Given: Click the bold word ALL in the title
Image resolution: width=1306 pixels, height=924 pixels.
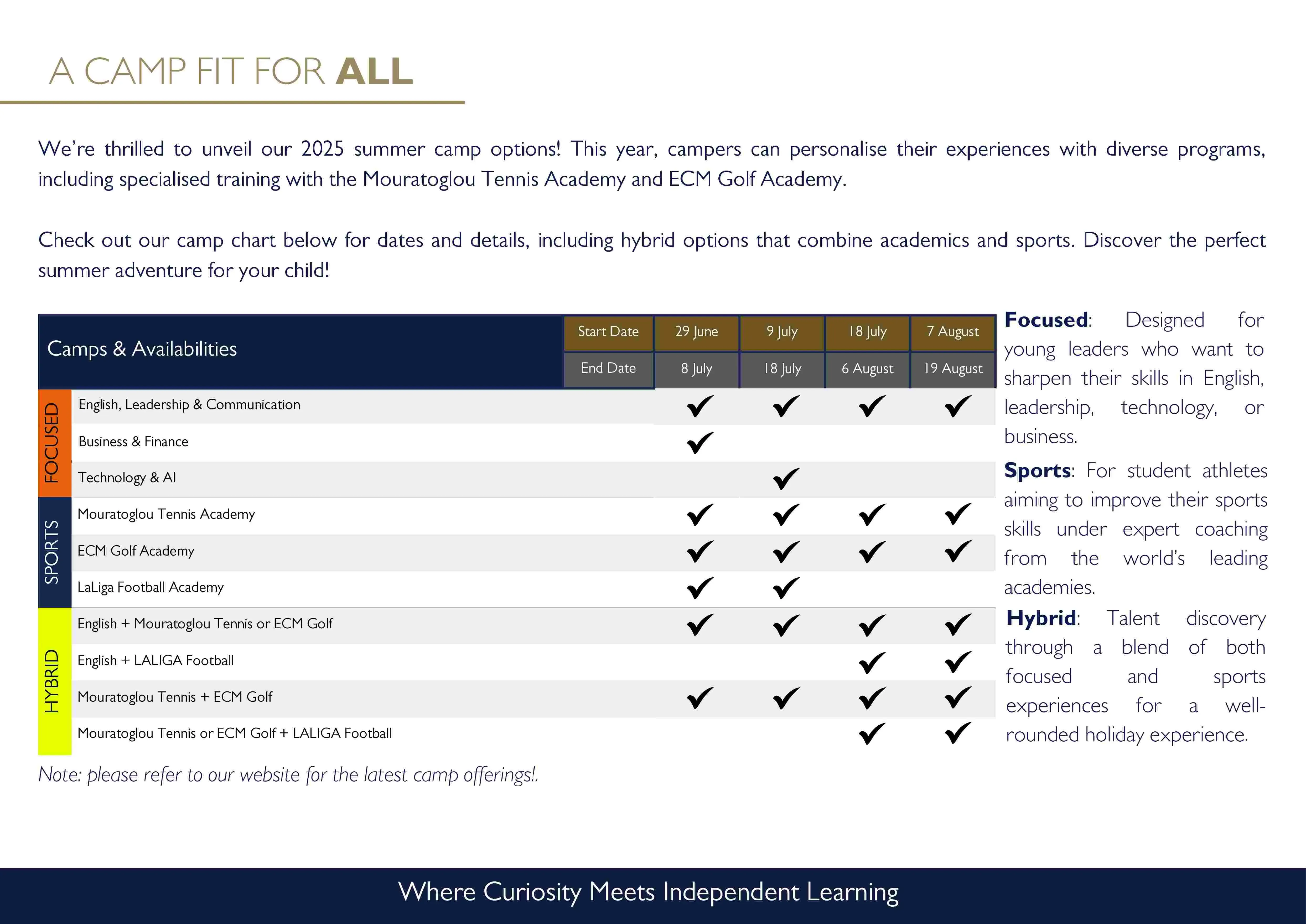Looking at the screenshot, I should (x=374, y=72).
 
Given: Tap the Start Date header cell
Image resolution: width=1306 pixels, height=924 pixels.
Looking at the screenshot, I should (x=608, y=332).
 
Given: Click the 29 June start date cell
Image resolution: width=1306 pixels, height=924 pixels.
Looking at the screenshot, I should (x=696, y=332).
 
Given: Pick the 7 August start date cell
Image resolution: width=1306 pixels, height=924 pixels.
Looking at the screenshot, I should (x=953, y=332).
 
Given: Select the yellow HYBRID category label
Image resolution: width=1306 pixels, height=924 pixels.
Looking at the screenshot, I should (x=52, y=681).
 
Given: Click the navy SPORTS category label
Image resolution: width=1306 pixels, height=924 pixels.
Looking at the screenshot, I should (x=52, y=552).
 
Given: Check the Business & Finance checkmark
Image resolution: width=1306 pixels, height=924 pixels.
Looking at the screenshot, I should (x=700, y=443).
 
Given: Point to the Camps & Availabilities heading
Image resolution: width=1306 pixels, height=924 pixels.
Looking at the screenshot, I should (x=142, y=349).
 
